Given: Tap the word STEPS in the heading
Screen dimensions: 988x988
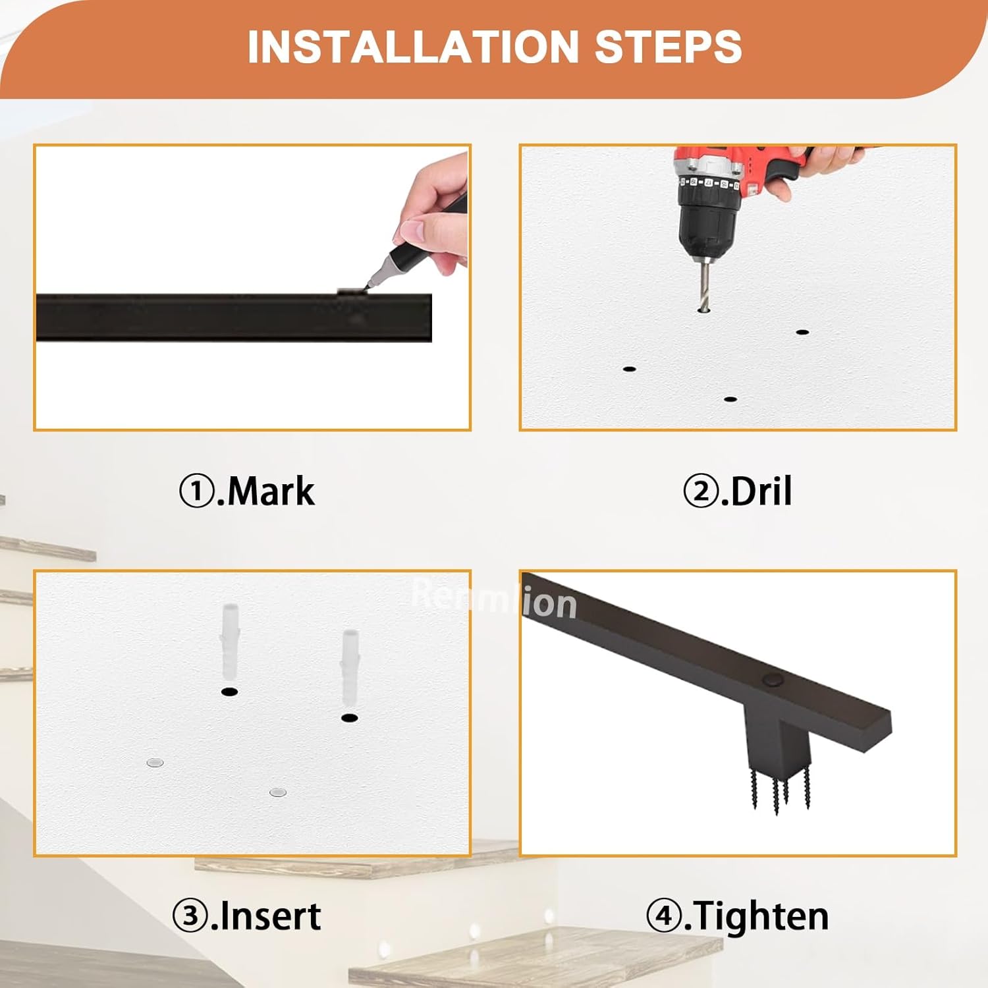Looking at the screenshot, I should click(668, 47).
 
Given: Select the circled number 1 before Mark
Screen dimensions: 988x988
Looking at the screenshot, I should click(196, 491).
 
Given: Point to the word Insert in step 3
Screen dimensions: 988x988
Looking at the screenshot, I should click(270, 916).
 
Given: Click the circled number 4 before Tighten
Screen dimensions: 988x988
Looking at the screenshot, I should click(663, 916).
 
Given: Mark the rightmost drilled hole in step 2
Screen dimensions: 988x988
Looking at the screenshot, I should click(802, 332).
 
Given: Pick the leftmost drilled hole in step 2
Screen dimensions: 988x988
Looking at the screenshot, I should click(629, 369).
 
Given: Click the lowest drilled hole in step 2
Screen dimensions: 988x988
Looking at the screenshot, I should click(729, 399).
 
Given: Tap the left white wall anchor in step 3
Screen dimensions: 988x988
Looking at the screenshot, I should click(229, 642).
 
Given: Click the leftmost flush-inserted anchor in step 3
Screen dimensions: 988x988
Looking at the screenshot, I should click(154, 763).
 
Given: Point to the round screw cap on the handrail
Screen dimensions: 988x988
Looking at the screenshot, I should click(769, 679).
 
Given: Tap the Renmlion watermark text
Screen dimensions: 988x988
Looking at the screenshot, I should click(494, 601).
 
